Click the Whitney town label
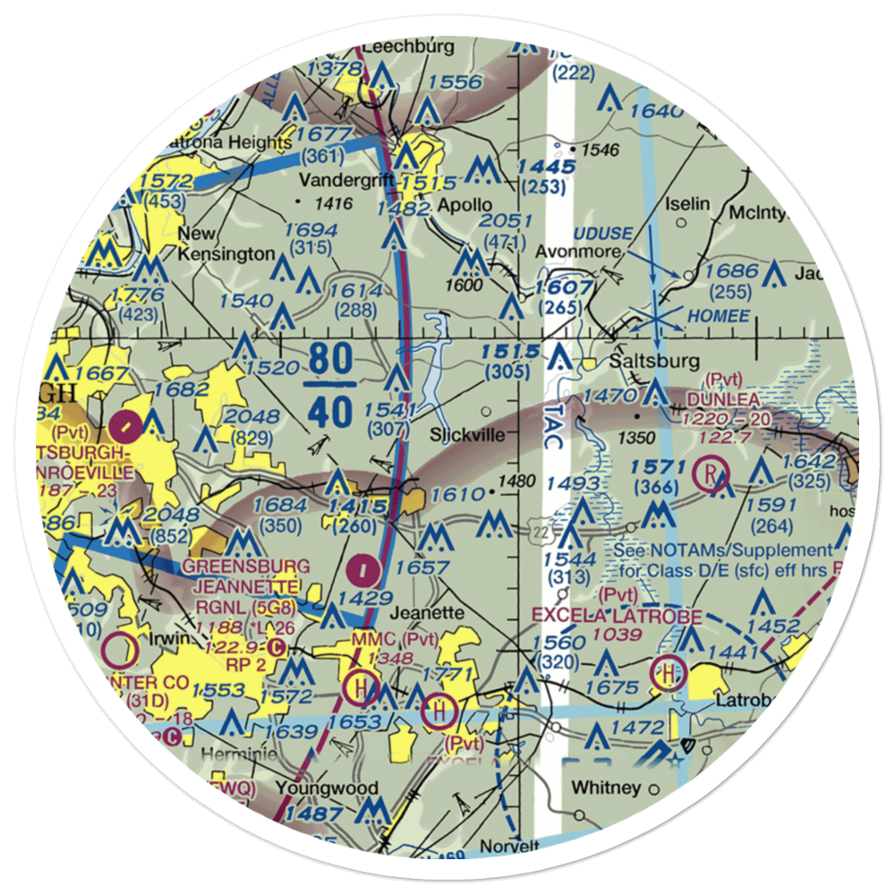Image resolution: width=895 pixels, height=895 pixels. coord(607,788)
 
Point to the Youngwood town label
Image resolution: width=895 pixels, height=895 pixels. coord(327,788)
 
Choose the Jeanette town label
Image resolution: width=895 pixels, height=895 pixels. coord(429,613)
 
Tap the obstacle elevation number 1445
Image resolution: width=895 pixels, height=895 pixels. coord(546,167)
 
